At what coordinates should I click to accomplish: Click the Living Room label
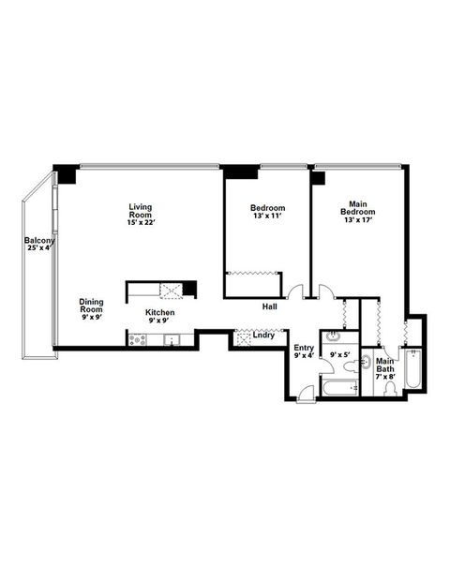click(141, 211)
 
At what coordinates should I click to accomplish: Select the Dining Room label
click(91, 306)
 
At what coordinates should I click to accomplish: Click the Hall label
click(269, 306)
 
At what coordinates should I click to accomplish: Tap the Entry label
click(304, 348)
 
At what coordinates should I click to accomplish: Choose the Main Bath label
click(385, 366)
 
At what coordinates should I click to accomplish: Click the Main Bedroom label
click(357, 208)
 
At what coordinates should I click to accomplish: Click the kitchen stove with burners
click(137, 340)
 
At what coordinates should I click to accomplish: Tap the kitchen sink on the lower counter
click(171, 340)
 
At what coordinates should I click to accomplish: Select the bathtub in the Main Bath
click(414, 370)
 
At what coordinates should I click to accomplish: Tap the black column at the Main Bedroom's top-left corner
click(319, 177)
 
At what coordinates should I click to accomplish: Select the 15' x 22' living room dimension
click(141, 222)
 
